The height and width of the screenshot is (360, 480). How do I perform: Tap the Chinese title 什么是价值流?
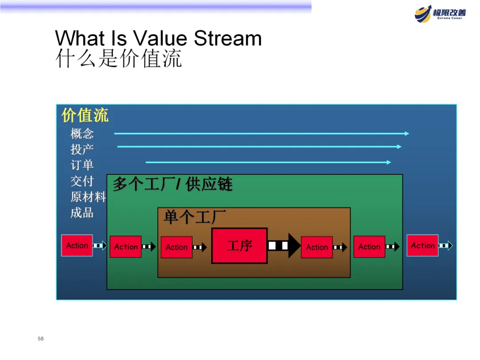click(119, 59)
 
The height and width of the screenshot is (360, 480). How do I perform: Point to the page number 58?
click(41, 339)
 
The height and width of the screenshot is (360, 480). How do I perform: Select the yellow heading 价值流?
click(85, 115)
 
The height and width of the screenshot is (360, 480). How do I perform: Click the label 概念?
click(82, 133)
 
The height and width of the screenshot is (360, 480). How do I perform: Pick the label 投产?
click(82, 149)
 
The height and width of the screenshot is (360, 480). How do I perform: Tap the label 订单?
click(82, 165)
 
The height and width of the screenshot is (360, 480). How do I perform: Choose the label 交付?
click(82, 181)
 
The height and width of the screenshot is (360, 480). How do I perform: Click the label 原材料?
click(88, 196)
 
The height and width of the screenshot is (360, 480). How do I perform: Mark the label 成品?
click(82, 212)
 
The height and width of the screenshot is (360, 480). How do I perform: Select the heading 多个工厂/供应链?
click(172, 184)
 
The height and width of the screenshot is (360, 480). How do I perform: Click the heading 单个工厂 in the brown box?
click(195, 217)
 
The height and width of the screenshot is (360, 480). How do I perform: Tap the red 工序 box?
click(240, 245)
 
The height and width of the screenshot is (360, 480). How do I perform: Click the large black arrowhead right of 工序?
click(294, 245)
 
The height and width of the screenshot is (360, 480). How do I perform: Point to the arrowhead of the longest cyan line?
click(406, 133)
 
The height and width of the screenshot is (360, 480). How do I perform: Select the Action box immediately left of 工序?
click(176, 247)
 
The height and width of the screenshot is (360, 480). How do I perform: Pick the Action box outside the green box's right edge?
click(422, 245)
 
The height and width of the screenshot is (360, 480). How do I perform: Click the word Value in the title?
click(160, 39)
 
